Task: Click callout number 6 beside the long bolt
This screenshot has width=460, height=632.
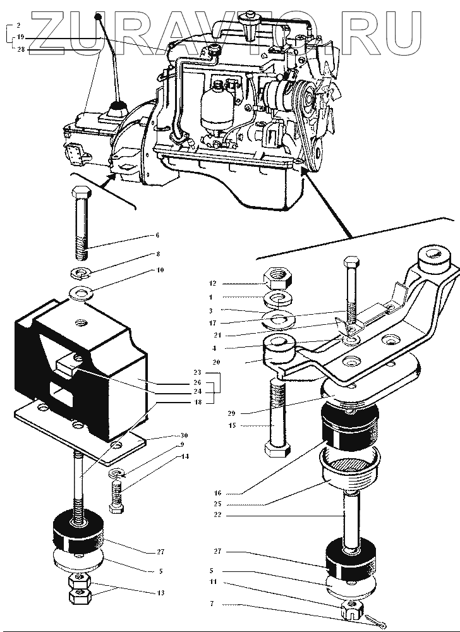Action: pyautogui.click(x=157, y=236)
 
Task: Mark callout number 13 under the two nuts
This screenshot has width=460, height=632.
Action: pyautogui.click(x=161, y=592)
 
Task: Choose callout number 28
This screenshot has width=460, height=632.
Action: pyautogui.click(x=21, y=48)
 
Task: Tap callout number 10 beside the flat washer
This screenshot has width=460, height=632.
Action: pyautogui.click(x=160, y=270)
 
